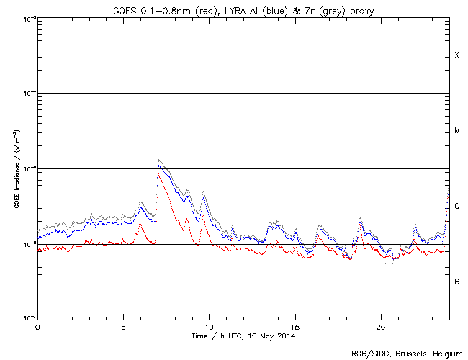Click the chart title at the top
coord(243,8)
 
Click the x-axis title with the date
coord(243,336)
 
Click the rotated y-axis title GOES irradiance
coord(16,169)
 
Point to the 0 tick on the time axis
coord(37,326)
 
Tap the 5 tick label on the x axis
coord(123,326)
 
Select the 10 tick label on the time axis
coord(209,326)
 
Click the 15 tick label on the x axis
coord(294,326)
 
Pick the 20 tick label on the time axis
coord(380,326)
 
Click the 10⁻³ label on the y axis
coord(28,18)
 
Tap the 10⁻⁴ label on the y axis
coord(28,94)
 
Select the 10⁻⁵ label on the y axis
coord(28,168)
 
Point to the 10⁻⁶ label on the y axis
coord(28,244)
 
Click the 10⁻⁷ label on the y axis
coord(28,319)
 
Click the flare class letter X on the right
coord(456,55)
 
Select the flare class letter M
coord(456,131)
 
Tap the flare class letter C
coord(456,207)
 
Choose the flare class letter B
coord(456,282)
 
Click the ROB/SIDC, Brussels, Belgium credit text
coord(407,353)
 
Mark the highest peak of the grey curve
coord(158,160)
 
